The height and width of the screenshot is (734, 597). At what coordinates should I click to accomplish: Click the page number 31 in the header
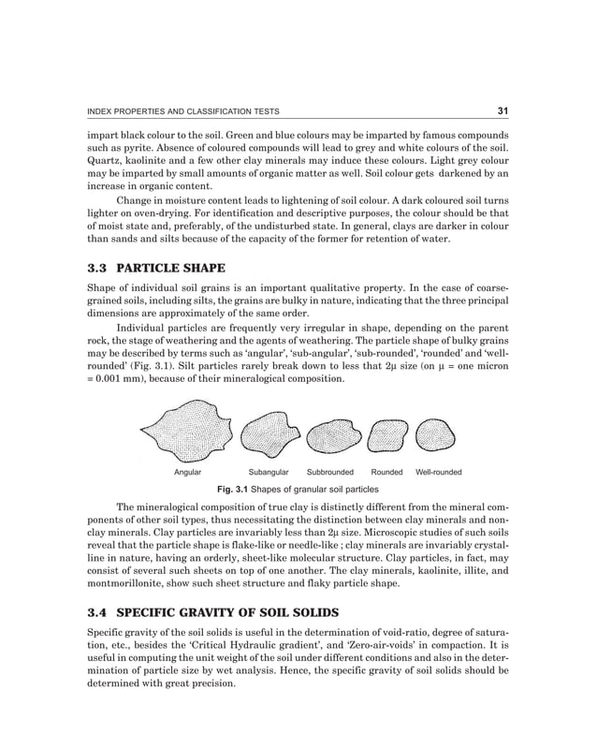pyautogui.click(x=502, y=111)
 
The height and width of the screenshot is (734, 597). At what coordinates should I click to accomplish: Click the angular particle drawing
pyautogui.click(x=187, y=433)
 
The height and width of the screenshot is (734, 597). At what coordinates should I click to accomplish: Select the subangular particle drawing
pyautogui.click(x=269, y=435)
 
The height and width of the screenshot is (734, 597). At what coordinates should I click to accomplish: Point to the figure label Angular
pyautogui.click(x=187, y=473)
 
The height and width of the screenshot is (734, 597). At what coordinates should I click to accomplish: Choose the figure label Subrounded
pyautogui.click(x=330, y=473)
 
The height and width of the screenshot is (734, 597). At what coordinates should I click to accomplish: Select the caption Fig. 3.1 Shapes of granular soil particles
pyautogui.click(x=298, y=490)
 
